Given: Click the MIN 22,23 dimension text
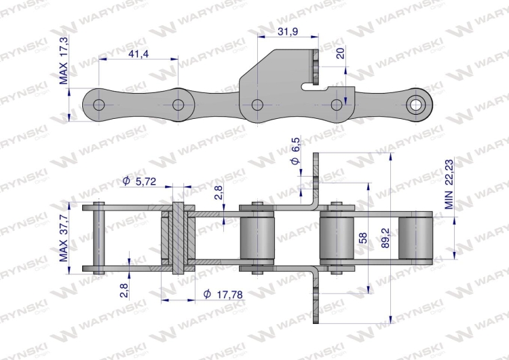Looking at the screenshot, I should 449,190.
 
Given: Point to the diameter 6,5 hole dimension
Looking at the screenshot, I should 295,155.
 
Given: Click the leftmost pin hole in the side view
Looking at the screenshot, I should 99,105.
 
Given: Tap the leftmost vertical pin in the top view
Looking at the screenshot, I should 99,238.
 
